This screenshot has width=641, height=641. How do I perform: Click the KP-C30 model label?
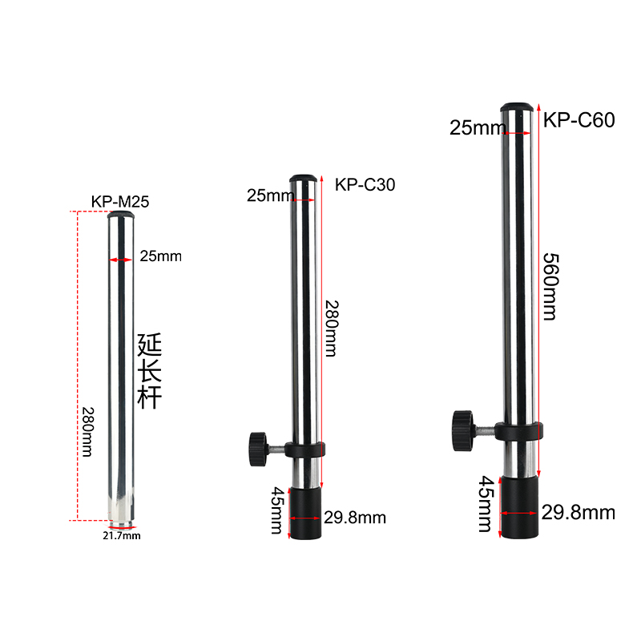pos(365,185)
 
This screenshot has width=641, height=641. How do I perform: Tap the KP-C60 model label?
pos(579,121)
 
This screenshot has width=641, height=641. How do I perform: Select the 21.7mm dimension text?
pos(121,535)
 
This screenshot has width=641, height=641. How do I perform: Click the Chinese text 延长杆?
pos(150,373)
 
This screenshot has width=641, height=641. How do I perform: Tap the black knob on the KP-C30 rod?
pos(257,445)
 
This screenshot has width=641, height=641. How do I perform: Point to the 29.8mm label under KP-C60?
pos(578,512)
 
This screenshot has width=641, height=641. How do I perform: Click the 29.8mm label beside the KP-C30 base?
pos(354,518)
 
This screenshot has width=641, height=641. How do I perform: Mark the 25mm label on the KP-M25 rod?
pos(160,256)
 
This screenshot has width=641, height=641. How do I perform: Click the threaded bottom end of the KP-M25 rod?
pos(120,522)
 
